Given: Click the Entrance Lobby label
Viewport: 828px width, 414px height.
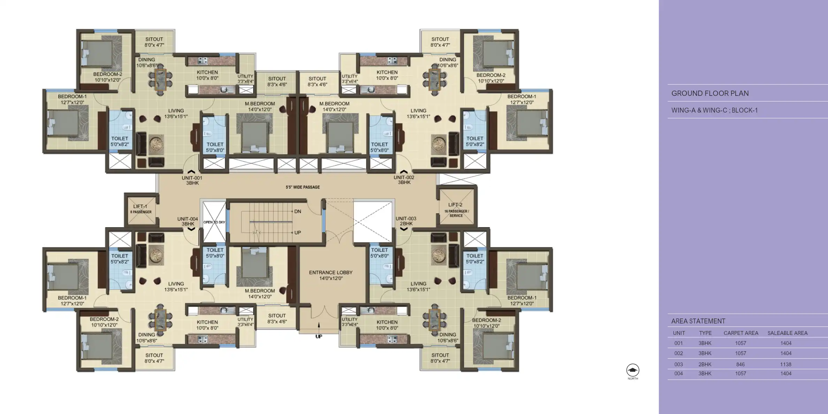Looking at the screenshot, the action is click(331, 275).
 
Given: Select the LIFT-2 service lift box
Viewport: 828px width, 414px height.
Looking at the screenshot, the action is click(456, 207).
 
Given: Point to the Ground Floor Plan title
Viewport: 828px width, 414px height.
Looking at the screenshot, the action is click(710, 93).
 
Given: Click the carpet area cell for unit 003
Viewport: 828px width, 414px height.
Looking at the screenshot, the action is click(741, 365).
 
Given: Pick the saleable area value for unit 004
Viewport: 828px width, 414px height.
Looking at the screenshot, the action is click(786, 374).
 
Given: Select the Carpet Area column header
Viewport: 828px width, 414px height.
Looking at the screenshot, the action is click(741, 333).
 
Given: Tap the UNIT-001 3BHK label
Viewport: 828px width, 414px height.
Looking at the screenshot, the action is click(192, 180).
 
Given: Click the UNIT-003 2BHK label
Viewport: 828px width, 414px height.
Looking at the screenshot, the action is click(406, 221).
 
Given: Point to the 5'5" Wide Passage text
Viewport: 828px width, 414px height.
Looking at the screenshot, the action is click(302, 187).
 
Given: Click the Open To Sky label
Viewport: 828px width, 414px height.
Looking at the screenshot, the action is click(214, 222).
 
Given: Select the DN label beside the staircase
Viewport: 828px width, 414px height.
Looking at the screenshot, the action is click(298, 212).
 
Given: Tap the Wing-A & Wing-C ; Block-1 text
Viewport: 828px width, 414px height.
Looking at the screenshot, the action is click(714, 110).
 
